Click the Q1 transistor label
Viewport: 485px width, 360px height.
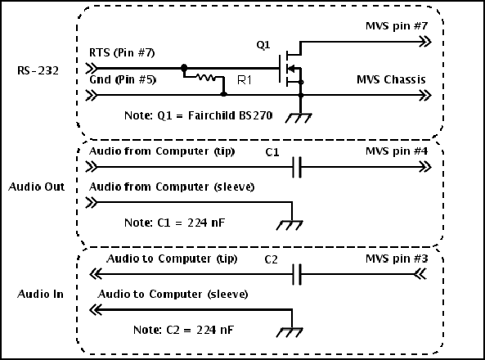tap(263, 45)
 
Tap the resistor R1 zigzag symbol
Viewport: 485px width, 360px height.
tap(206, 77)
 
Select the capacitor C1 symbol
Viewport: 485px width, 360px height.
tap(297, 167)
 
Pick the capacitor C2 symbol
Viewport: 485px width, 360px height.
tap(297, 274)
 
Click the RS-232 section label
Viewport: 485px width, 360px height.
tap(38, 71)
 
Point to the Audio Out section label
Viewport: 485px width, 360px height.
tap(37, 187)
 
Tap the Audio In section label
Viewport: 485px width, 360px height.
tap(40, 294)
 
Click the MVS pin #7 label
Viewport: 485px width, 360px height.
tap(397, 25)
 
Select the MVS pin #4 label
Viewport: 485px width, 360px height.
tap(397, 151)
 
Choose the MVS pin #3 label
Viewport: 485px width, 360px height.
tap(397, 259)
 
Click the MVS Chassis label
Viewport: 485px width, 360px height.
tap(391, 79)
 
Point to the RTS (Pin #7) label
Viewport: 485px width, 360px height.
tap(122, 52)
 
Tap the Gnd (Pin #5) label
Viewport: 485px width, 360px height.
tap(123, 80)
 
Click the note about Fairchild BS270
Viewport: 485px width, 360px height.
tap(198, 115)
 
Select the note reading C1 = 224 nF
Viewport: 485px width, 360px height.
tap(174, 223)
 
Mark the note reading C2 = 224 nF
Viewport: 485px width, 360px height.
tap(183, 330)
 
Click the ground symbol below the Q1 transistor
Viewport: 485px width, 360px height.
tap(299, 118)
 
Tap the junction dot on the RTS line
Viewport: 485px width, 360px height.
tap(184, 67)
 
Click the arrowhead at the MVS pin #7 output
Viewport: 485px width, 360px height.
tap(425, 42)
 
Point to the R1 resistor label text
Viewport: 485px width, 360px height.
tap(245, 80)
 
